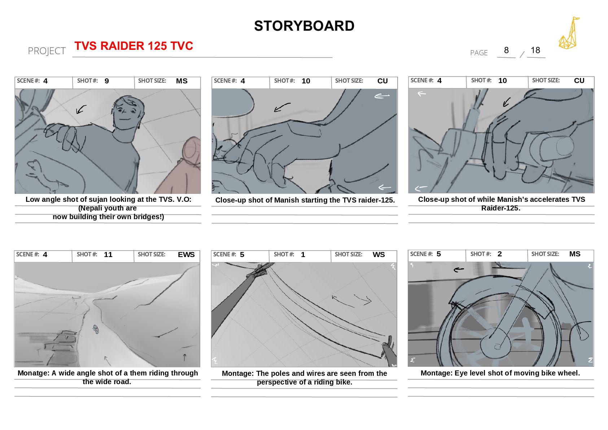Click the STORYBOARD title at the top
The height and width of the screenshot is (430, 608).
pos(304,26)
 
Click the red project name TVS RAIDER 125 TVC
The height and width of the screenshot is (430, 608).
pos(134,45)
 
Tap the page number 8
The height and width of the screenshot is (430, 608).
pos(506,50)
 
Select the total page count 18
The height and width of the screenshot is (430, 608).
pos(535,50)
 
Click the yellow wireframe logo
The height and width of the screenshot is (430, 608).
pos(569,34)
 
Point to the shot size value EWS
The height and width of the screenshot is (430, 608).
pos(186,255)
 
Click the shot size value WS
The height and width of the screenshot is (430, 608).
pos(379,255)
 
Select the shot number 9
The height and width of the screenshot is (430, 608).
pos(107,81)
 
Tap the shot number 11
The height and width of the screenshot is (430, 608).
pos(108,255)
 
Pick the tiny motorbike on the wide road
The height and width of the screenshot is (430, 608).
pos(96,329)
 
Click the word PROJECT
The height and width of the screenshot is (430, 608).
pos(47,51)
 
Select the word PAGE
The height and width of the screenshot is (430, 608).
pos(479,53)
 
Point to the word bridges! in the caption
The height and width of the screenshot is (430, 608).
pos(149,217)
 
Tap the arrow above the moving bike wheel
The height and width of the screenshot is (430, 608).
pos(459,270)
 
